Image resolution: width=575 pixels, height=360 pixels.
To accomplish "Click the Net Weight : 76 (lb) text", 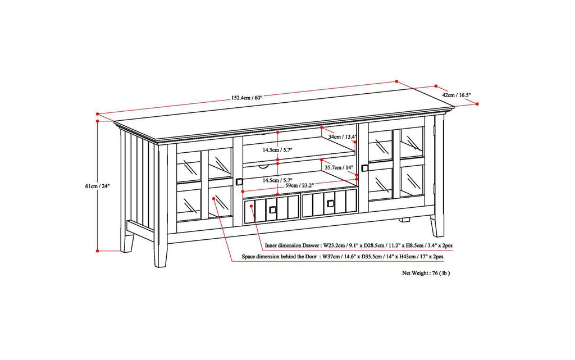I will point(426,273).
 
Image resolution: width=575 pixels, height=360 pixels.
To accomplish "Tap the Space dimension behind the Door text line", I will point(343,257).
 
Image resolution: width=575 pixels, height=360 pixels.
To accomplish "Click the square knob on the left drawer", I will point(272,209).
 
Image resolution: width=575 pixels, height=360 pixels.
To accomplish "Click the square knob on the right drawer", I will point(330,203).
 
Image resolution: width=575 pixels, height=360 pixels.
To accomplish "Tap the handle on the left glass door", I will point(239,181).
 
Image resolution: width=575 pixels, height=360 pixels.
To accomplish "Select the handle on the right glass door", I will point(364,167).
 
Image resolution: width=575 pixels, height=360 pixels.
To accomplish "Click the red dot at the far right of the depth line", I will point(477,104).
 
